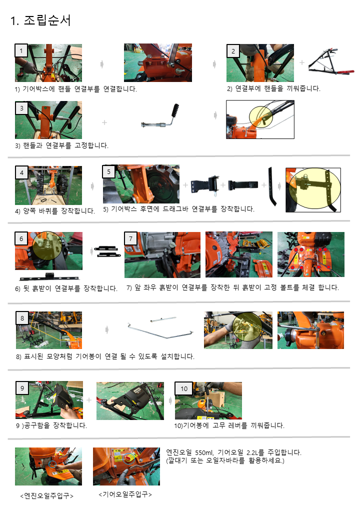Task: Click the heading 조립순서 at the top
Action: (47, 20)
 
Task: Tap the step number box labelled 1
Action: (21, 51)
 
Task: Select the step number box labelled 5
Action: (108, 171)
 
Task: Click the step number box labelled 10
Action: (184, 389)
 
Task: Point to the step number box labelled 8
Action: (22, 318)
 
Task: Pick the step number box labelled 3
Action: (22, 108)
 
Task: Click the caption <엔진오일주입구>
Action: (46, 496)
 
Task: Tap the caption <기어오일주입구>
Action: (125, 494)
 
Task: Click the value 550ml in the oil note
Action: (204, 452)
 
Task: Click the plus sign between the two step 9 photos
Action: (89, 400)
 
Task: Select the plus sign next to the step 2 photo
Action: (302, 62)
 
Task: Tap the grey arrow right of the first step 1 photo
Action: (102, 64)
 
